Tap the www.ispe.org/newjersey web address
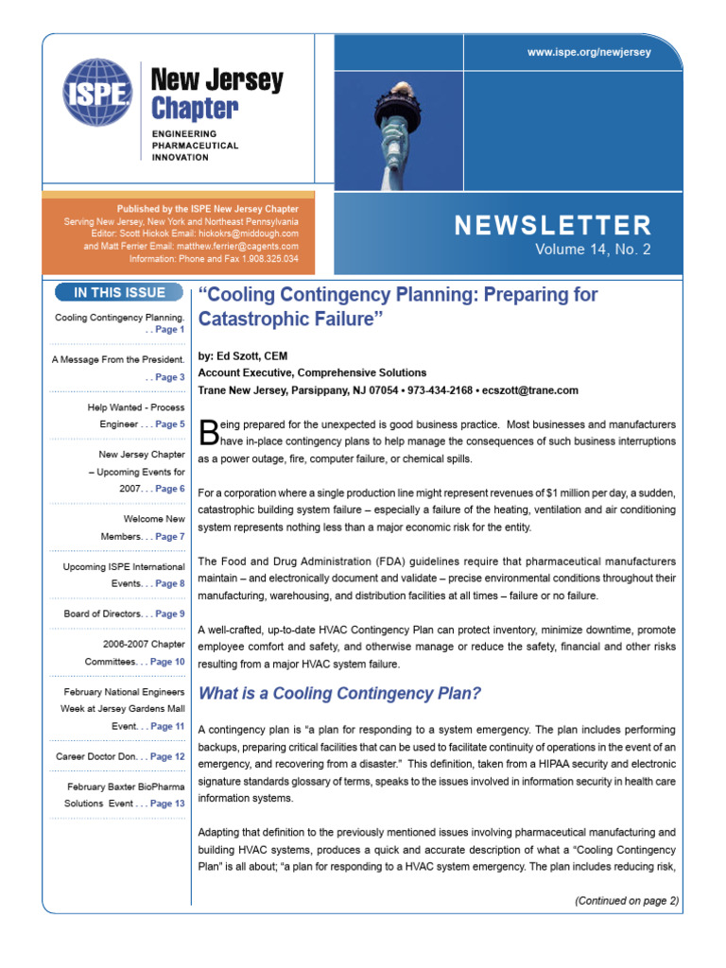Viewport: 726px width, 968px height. point(588,52)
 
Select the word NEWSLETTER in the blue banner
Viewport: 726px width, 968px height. point(552,225)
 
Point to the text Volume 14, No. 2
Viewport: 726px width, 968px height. point(593,250)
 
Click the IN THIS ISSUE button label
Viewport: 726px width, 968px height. point(119,292)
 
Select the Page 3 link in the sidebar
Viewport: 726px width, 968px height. point(170,377)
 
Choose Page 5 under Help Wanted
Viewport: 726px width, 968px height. point(170,424)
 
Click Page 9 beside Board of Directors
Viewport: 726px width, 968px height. point(170,614)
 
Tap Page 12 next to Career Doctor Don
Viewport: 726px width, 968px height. point(167,756)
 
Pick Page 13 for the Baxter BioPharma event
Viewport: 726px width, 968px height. point(167,804)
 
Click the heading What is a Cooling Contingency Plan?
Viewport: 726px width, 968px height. point(339,694)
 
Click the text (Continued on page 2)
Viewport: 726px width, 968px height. point(626,901)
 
